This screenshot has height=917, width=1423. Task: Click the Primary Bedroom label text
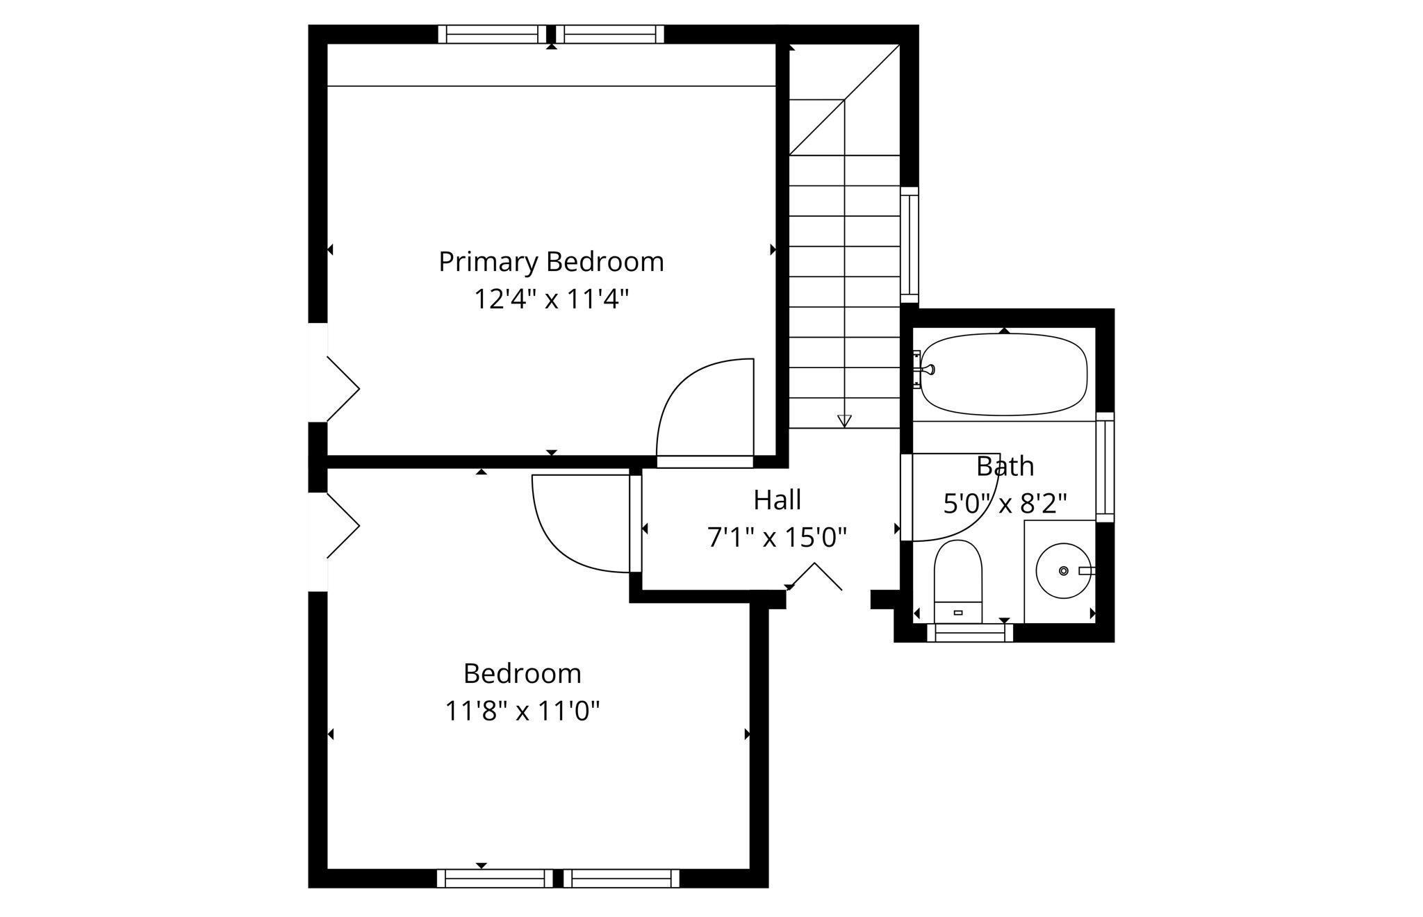pos(551,262)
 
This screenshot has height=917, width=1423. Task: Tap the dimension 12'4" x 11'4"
pos(551,299)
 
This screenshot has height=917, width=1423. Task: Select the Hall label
pos(777,499)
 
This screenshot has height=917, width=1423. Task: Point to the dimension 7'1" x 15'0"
pos(777,537)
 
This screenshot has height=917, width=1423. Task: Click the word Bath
pos(1005,466)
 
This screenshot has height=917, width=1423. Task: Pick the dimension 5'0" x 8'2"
pos(1005,503)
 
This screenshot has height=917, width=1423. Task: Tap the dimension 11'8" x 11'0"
pos(522,711)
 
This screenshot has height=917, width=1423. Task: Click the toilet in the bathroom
pos(957,580)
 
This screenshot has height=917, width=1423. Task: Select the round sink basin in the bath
pos(1063,570)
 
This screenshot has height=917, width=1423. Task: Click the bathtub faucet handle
pos(928,370)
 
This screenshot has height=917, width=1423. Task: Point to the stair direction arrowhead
pos(844,420)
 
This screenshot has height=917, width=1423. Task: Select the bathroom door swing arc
pos(973,514)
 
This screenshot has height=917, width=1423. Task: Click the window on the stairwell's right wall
pos(909,245)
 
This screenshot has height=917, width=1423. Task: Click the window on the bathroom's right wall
pos(1104,467)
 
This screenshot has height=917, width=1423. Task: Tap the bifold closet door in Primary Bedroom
pos(343,389)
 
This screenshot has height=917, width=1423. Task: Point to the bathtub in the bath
pos(1004,375)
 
